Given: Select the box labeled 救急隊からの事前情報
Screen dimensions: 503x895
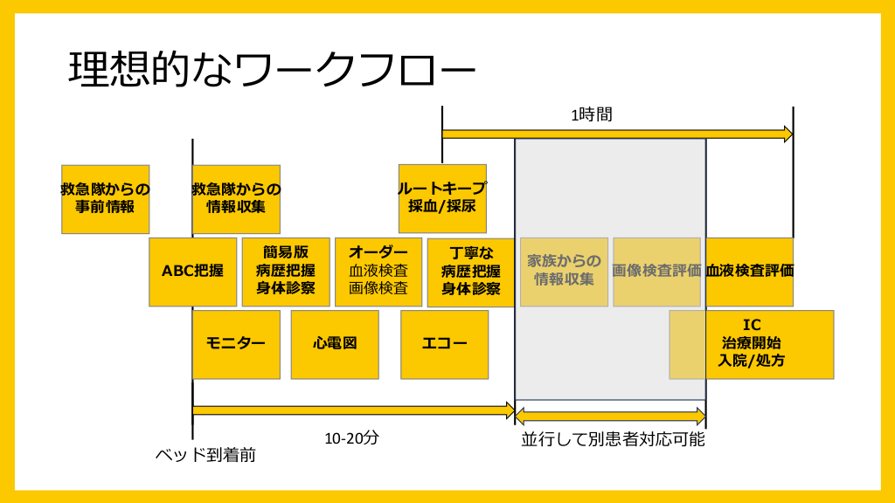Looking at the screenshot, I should click(105, 199).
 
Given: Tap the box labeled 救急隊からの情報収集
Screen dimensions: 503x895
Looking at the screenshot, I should click(236, 199).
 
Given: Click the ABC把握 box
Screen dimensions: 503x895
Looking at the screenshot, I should click(192, 272).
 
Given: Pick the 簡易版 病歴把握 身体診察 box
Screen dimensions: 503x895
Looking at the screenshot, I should click(286, 272).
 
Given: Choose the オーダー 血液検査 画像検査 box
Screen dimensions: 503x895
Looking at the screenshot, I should click(378, 272).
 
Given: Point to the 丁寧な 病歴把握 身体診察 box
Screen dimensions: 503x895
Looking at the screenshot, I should click(471, 272).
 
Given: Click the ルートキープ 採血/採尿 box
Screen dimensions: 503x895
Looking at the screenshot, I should click(442, 198).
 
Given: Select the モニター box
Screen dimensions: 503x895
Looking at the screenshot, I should click(236, 344).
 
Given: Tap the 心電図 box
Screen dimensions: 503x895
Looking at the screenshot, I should click(335, 344).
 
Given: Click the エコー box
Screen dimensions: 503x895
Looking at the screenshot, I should click(444, 344).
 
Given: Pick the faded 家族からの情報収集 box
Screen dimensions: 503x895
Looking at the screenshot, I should click(564, 272).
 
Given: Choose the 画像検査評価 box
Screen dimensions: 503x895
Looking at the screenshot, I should click(656, 272).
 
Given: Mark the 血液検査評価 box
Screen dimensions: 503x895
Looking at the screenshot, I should click(749, 272).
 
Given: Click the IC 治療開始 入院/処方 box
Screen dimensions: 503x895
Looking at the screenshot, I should click(752, 344).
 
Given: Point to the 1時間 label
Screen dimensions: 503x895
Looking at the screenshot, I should click(592, 114).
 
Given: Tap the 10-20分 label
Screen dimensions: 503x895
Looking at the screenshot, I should click(351, 438).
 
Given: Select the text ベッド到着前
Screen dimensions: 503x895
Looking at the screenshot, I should click(205, 455).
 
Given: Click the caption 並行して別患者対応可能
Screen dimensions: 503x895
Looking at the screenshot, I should click(613, 439).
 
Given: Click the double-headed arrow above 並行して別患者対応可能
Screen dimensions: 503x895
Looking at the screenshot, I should click(610, 416).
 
